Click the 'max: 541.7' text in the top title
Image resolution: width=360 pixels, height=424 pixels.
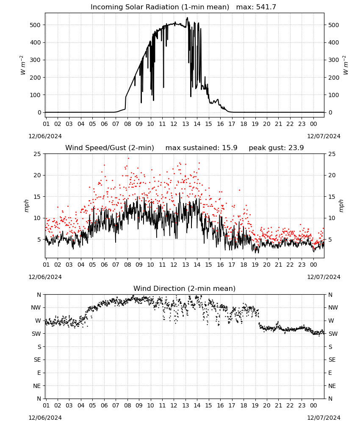point(256,7)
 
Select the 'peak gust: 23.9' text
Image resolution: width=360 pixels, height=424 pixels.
point(276,148)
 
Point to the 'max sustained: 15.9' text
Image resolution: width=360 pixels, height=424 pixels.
point(201,148)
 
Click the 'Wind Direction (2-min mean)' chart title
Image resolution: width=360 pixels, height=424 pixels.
point(185,288)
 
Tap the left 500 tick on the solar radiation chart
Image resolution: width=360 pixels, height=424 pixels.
point(35,25)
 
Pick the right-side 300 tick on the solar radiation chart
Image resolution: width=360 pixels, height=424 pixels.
point(334,60)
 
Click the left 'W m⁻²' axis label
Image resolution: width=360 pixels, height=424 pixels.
point(22,65)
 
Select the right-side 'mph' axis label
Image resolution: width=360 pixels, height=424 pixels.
point(341,206)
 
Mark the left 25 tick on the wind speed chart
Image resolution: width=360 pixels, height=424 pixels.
point(37,154)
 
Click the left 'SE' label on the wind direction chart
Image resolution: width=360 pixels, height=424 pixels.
point(37,360)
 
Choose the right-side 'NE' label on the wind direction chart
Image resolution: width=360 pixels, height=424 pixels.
point(332,386)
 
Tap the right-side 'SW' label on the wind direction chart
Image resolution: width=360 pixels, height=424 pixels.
point(333,334)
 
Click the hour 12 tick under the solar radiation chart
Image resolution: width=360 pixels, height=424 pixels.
point(174,124)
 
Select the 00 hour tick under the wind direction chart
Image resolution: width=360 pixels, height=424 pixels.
point(313,406)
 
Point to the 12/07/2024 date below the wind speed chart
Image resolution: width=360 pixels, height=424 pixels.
point(324,277)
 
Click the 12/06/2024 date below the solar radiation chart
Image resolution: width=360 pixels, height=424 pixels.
point(45,136)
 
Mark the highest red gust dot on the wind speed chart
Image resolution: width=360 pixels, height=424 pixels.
point(128,159)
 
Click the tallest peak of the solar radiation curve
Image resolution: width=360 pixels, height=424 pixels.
point(187,18)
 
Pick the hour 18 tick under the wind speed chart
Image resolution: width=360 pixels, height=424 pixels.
point(244,265)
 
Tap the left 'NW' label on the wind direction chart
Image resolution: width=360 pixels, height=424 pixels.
point(36,308)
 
